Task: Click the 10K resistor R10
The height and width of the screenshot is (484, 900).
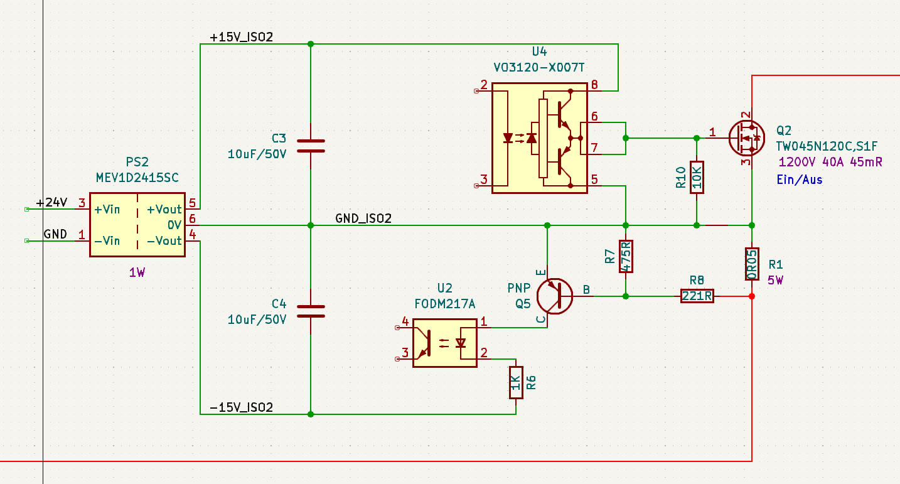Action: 697,177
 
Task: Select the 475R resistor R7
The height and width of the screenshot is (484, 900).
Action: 626,257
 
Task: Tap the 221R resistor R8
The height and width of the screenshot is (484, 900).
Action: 697,296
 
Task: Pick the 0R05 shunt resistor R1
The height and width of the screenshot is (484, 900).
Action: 752,264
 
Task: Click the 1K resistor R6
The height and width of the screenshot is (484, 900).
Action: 516,383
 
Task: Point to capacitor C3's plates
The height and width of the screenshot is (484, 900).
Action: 311,146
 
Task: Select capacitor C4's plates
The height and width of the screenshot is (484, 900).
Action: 311,311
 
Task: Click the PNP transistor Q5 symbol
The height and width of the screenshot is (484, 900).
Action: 555,296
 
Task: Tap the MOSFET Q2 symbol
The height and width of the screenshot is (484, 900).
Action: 746,138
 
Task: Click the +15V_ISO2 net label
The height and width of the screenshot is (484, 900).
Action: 241,37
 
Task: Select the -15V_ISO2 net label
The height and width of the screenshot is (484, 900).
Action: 241,407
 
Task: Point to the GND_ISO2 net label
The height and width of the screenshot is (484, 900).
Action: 363,218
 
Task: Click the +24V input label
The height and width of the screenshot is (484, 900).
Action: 52,202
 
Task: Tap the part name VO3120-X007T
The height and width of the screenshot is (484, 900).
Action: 538,67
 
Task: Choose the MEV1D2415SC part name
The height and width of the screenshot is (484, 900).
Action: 137,177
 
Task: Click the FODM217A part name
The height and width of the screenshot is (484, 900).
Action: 445,304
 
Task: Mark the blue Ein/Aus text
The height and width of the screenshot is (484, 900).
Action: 800,180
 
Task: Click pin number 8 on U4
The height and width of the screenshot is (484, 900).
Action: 594,84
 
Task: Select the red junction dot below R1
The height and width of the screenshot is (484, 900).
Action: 752,296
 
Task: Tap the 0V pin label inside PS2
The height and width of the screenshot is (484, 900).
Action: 174,225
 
